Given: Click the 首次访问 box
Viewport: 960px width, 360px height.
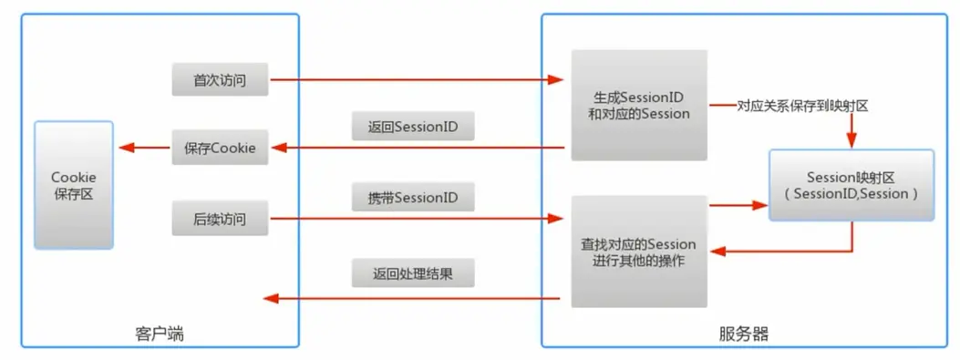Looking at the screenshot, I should [220, 80].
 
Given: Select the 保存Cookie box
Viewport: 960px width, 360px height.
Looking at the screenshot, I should [220, 148].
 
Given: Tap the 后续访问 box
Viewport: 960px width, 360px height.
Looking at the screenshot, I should [220, 219].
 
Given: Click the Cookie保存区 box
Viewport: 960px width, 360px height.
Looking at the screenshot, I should [73, 184].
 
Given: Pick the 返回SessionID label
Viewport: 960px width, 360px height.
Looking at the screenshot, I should [413, 126].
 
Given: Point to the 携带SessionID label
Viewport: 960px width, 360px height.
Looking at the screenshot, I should [413, 197].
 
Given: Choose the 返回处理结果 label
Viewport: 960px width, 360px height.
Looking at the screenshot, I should [413, 273].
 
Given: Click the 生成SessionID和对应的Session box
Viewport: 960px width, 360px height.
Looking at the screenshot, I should [639, 105].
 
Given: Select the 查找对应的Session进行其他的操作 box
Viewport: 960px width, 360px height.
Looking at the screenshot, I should [638, 252].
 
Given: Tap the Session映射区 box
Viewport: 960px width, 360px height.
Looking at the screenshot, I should [852, 185].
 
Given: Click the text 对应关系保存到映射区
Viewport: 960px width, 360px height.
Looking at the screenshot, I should [802, 106].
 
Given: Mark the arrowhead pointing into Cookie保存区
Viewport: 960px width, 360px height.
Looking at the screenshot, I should [123, 148].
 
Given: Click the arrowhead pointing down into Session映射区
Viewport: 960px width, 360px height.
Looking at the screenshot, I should [852, 141].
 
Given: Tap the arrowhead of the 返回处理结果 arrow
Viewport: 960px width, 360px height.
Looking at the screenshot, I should [270, 298].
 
